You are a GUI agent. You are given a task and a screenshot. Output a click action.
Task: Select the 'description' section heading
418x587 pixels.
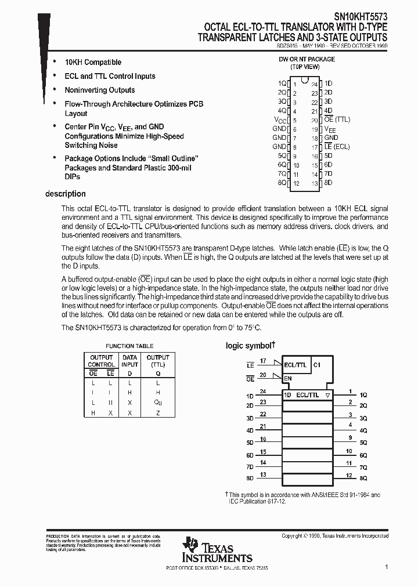pyautogui.click(x=65, y=194)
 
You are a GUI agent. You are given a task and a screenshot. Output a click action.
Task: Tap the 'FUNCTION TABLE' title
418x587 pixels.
pyautogui.click(x=129, y=346)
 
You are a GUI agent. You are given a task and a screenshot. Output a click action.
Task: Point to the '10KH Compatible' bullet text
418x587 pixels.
pyautogui.click(x=93, y=62)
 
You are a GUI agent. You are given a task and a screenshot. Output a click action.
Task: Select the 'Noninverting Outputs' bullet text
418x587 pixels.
pyautogui.click(x=99, y=90)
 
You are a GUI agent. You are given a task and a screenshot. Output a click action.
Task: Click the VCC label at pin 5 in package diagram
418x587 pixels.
pyautogui.click(x=280, y=119)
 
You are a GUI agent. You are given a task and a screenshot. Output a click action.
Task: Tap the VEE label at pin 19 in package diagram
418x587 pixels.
pyautogui.click(x=330, y=129)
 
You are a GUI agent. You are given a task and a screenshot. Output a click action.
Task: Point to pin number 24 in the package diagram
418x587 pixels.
pyautogui.click(x=314, y=84)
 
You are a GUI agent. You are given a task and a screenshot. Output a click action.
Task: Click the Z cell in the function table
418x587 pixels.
pyautogui.click(x=157, y=413)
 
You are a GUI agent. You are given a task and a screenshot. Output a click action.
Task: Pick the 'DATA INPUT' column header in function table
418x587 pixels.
pyautogui.click(x=130, y=361)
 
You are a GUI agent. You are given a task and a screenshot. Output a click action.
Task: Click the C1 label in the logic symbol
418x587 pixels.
pyautogui.click(x=316, y=365)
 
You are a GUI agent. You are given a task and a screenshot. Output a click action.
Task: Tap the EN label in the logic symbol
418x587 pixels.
pyautogui.click(x=288, y=378)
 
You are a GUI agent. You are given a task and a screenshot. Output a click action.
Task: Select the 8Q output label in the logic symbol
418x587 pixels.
pyautogui.click(x=363, y=478)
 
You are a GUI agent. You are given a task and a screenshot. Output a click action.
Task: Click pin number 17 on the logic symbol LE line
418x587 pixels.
pyautogui.click(x=263, y=361)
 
